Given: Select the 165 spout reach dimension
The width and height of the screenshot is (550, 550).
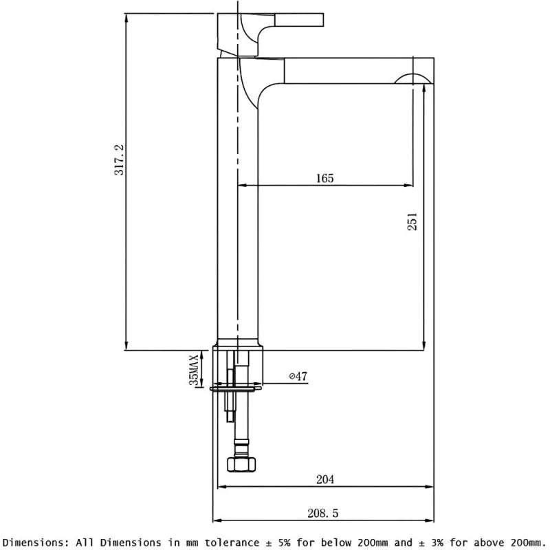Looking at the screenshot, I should (324, 179).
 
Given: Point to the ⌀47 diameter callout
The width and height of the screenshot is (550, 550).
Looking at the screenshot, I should (298, 376).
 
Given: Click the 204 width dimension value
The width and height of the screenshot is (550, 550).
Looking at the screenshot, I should (325, 480).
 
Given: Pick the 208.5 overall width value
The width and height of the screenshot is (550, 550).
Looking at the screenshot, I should (325, 513).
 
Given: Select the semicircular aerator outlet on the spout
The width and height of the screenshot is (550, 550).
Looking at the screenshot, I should (413, 78).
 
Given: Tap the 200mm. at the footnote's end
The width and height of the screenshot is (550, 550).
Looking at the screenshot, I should (526, 542).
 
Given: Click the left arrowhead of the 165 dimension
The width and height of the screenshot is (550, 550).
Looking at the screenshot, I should (241, 185).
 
